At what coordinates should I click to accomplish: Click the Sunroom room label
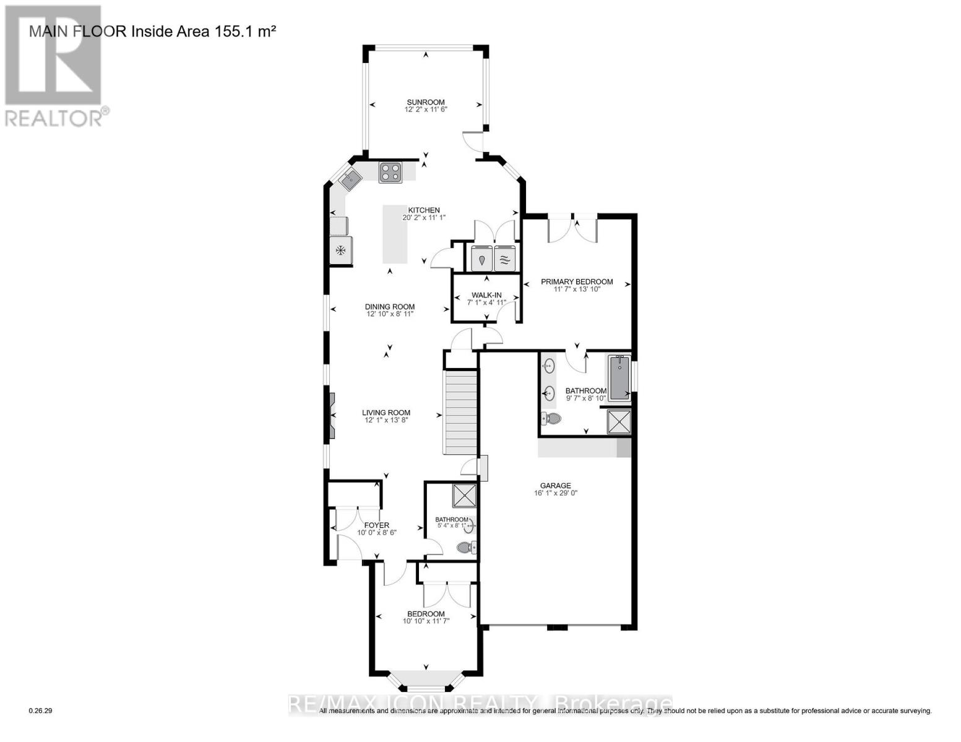[425, 103]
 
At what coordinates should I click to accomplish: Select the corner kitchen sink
[350, 179]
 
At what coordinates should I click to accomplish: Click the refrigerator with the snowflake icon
[340, 250]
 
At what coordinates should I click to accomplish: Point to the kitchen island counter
[395, 234]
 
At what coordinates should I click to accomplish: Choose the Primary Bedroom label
[577, 282]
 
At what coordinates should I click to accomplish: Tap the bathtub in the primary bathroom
[619, 378]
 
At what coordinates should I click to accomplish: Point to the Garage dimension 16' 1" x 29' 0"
[555, 493]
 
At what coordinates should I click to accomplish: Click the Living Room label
[386, 413]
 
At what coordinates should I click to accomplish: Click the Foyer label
[376, 526]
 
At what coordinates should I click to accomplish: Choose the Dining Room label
[389, 307]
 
